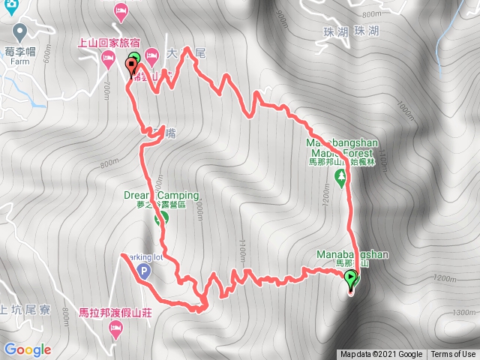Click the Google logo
click(x=27, y=349)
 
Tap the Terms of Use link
click(x=454, y=355)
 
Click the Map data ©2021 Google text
click(x=380, y=355)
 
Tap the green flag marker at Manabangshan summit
click(x=351, y=280)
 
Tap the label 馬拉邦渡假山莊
click(x=115, y=312)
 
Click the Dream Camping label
click(x=161, y=196)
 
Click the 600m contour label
click(x=46, y=54)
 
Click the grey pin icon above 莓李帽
click(x=19, y=31)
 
